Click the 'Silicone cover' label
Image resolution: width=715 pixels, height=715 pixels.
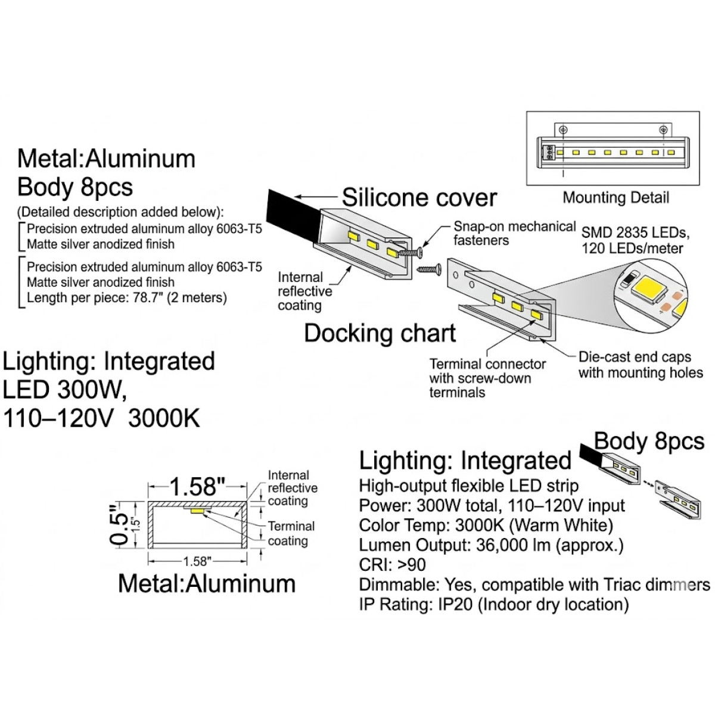tap(419, 198)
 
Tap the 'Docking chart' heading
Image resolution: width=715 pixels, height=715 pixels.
tap(380, 333)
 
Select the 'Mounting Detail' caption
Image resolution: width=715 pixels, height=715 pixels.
tap(615, 197)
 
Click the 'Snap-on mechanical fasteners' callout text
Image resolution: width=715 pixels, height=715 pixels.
tap(514, 234)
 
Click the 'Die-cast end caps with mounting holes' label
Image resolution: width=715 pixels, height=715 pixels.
tap(641, 365)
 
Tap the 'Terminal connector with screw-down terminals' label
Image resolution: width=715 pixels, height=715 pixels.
tap(487, 378)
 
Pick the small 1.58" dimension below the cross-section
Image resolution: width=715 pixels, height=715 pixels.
tap(197, 561)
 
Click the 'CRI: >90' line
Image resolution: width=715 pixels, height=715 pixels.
tap(392, 564)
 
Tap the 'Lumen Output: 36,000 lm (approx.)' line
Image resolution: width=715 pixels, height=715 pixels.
tap(491, 545)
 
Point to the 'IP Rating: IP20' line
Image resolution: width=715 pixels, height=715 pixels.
tap(493, 604)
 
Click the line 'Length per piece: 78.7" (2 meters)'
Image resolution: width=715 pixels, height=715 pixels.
tap(127, 297)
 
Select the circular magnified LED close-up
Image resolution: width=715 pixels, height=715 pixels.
tap(651, 293)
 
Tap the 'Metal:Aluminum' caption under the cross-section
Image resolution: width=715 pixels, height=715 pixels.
tap(207, 583)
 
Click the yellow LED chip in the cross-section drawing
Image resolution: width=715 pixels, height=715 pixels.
tap(197, 511)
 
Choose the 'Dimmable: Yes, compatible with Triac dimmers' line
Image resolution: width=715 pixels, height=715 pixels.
tap(534, 585)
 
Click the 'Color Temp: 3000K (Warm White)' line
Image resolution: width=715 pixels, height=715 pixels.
tap(486, 525)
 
